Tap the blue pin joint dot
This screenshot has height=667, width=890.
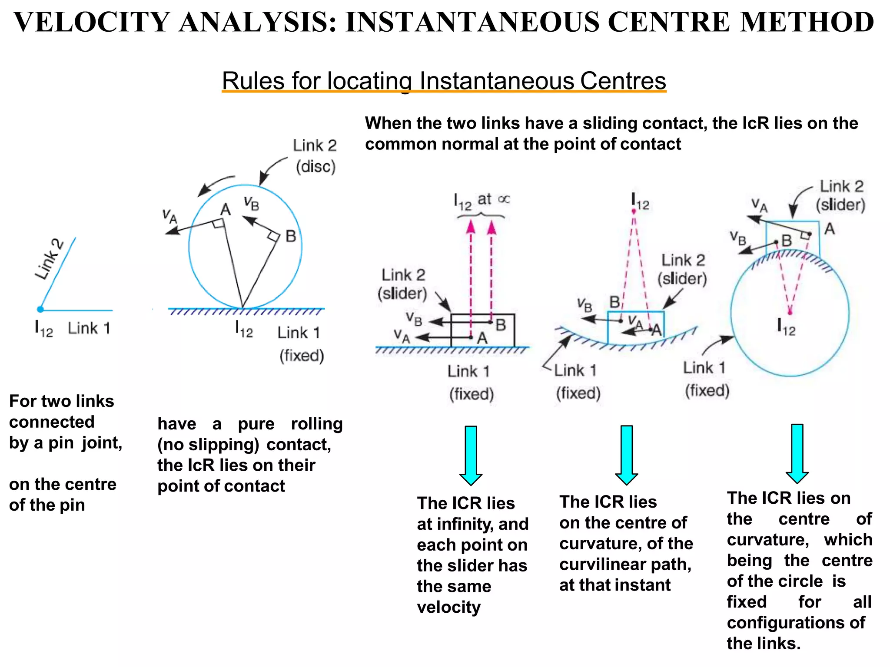tap(40, 309)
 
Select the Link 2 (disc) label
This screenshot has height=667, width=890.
tap(315, 156)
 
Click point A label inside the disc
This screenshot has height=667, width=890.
tap(225, 210)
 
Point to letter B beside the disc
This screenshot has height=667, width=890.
tap(291, 236)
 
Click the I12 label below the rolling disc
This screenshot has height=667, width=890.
tap(244, 330)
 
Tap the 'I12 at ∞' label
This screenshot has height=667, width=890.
tap(481, 201)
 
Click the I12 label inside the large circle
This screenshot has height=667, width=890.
tap(786, 327)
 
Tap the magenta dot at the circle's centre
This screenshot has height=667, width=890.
tap(790, 312)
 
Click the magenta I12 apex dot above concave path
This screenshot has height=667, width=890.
tap(634, 211)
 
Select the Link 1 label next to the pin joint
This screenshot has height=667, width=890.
tap(89, 328)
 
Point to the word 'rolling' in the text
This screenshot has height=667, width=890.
tap(317, 424)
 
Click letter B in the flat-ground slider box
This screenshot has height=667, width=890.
tap(500, 325)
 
